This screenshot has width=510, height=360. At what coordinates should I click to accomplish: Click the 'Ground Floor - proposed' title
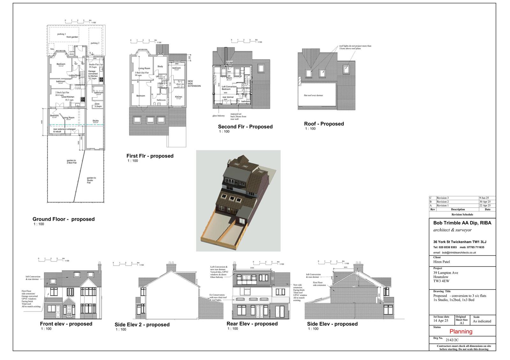[63, 219]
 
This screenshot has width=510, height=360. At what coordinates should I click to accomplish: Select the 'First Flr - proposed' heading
[150, 156]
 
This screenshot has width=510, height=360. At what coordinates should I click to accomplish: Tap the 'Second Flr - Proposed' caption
[245, 127]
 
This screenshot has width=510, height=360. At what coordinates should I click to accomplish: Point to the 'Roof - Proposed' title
[324, 124]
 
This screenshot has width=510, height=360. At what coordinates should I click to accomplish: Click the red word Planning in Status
[461, 331]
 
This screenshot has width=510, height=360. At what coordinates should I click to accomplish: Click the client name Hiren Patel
[441, 262]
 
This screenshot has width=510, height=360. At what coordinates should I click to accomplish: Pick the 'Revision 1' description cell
[442, 206]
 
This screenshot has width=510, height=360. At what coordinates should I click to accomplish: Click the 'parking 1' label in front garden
[62, 34]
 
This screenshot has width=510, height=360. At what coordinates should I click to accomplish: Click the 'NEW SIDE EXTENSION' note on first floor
[194, 84]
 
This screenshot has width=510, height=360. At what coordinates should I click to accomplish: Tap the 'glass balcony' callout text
[219, 116]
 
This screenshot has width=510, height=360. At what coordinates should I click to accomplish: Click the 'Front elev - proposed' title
[66, 324]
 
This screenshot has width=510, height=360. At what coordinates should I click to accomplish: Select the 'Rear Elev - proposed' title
[252, 324]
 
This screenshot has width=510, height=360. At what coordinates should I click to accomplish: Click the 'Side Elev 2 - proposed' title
[142, 325]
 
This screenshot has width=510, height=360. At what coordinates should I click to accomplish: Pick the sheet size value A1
[462, 323]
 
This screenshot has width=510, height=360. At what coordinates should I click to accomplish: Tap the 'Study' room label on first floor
[160, 66]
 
